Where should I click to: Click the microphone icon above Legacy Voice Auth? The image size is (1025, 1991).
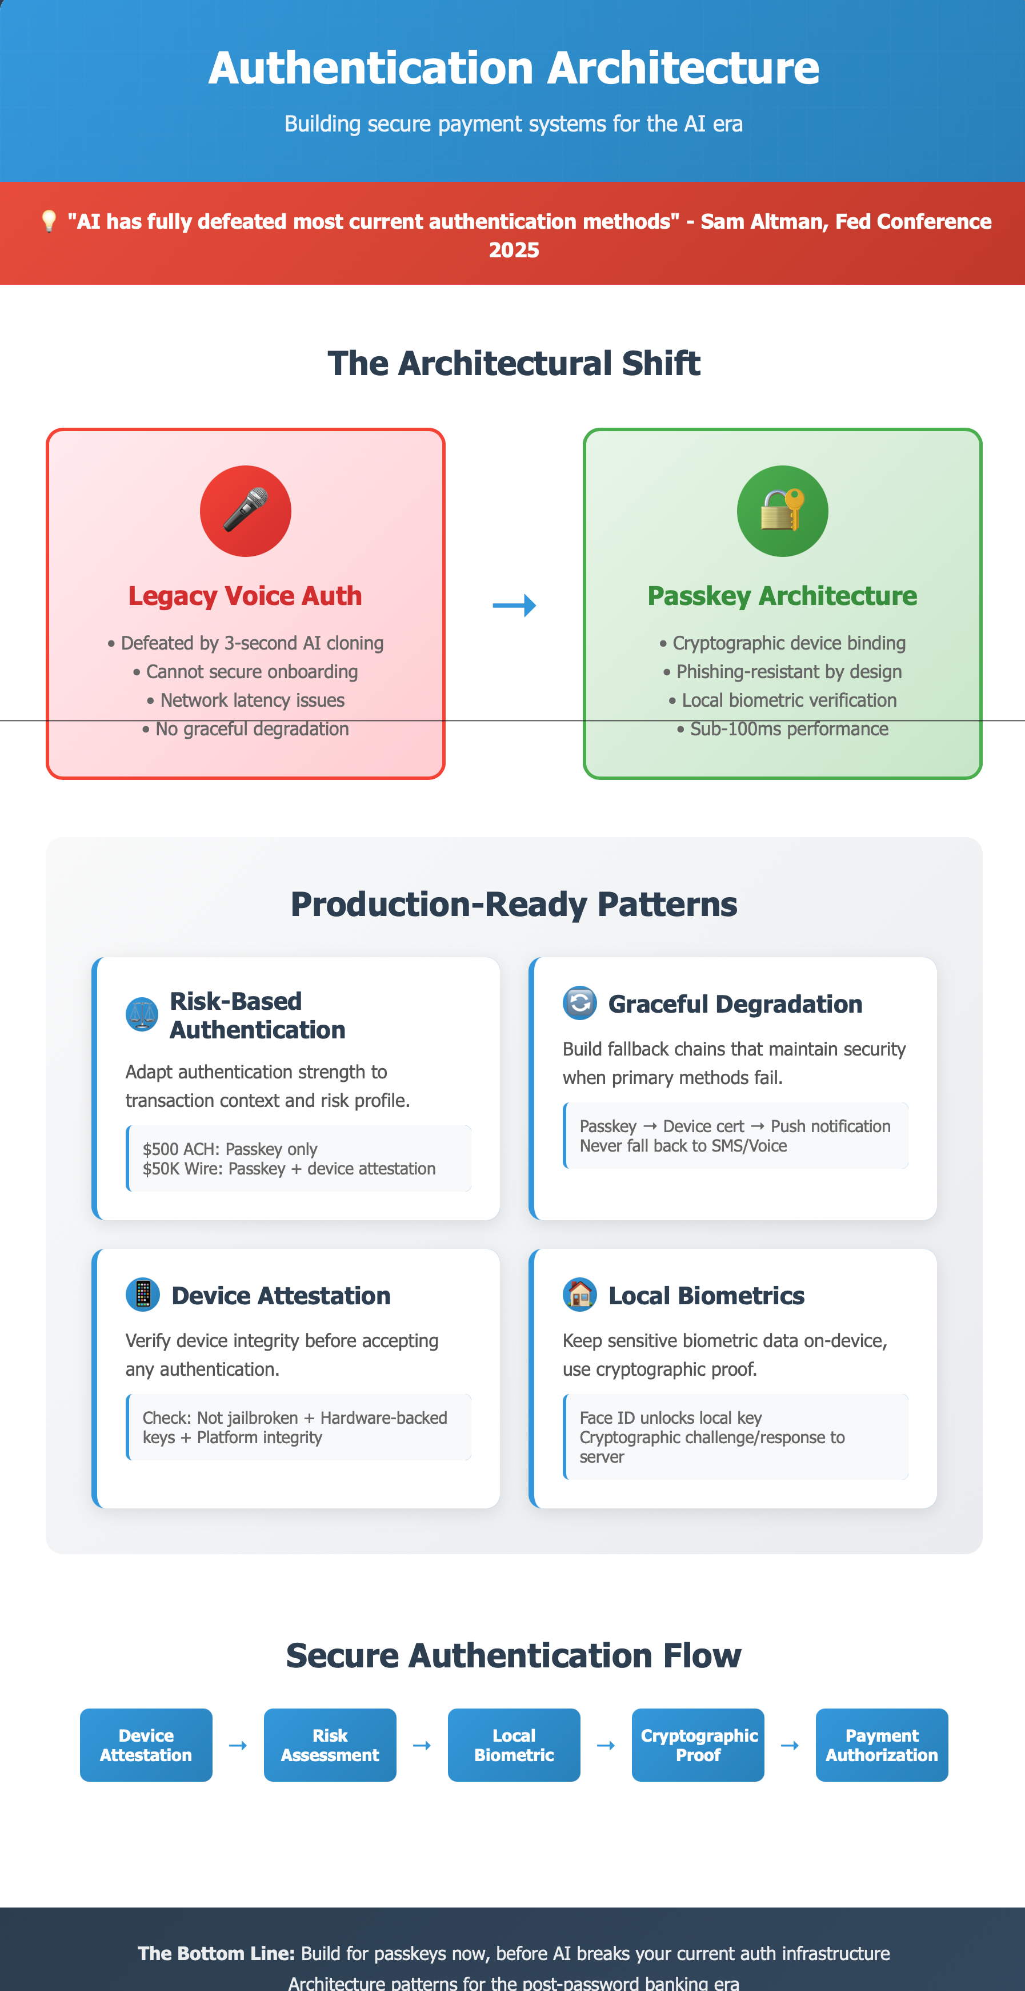246,511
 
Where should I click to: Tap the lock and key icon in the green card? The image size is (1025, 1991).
782,511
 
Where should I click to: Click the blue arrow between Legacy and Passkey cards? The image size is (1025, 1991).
514,605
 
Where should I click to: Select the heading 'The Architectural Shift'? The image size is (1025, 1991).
514,363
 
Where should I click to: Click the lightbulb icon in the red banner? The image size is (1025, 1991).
49,221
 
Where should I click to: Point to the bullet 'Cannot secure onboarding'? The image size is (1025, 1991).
246,672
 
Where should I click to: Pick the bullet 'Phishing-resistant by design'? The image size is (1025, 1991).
782,672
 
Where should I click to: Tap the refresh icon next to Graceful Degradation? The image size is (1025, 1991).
579,1004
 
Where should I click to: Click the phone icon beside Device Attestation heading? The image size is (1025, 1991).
143,1295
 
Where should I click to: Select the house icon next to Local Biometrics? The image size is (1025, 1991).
579,1295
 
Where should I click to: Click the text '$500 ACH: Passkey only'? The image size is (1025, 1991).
230,1149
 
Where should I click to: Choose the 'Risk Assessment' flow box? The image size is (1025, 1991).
330,1745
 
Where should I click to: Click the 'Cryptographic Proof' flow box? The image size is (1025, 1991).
698,1745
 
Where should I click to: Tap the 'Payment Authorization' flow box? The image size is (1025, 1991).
882,1745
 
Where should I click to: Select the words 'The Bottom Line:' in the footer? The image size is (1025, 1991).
217,1953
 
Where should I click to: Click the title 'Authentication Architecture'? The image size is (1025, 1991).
514,67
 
